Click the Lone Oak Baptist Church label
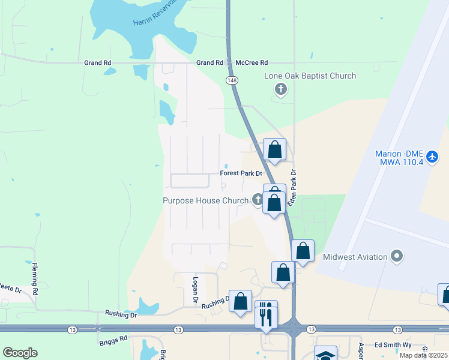tap(310, 76)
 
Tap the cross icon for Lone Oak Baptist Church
tap(280, 90)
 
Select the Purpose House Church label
tap(205, 201)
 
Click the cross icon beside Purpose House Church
tap(258, 200)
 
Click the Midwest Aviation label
tap(355, 257)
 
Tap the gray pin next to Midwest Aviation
tap(396, 257)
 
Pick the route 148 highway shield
tap(231, 80)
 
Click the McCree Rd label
tap(252, 62)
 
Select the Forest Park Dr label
tap(241, 173)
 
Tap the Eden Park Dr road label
tap(293, 188)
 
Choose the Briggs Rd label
tap(113, 338)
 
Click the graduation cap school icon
tap(325, 355)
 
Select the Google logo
tap(20, 353)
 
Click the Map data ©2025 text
tap(423, 355)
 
